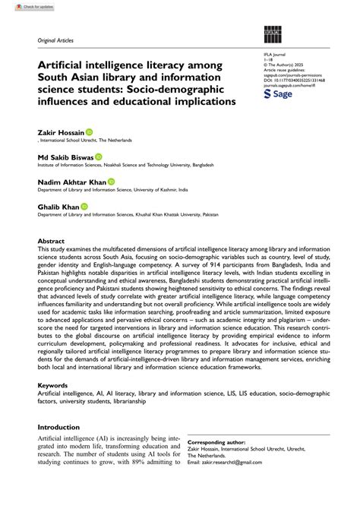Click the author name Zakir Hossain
(59, 132)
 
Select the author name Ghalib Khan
(58, 206)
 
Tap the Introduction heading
(63, 448)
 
